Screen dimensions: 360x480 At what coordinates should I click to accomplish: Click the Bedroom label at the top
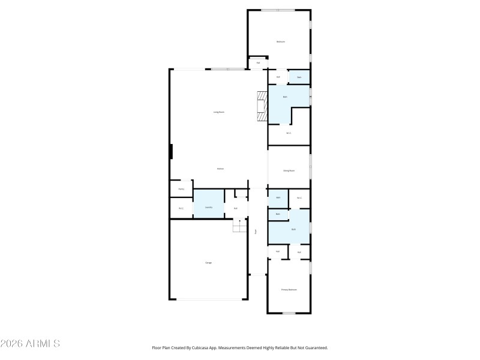tap(280, 41)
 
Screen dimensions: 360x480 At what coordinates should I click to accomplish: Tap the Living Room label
tap(218, 112)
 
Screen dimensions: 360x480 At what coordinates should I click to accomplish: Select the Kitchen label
tap(220, 169)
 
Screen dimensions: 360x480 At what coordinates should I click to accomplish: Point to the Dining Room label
tap(289, 170)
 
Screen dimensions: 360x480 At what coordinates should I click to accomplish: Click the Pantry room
tap(181, 189)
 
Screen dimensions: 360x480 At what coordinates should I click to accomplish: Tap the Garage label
tap(208, 263)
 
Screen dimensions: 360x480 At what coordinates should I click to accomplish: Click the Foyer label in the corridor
tap(256, 231)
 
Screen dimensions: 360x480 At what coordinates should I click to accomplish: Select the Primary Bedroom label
tap(289, 289)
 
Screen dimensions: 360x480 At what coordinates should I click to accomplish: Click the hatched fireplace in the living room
tap(262, 106)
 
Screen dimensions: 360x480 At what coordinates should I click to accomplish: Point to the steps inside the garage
tap(239, 226)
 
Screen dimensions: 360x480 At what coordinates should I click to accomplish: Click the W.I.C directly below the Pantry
tap(181, 208)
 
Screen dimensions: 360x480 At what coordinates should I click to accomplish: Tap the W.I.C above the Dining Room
tap(289, 133)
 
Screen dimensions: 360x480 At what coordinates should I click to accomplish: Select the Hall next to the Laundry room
tap(236, 208)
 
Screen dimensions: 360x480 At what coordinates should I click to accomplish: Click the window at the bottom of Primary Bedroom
tap(289, 313)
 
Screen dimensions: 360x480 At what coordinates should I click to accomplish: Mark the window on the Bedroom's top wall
tap(277, 10)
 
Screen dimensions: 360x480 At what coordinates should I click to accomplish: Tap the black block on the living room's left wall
tap(171, 151)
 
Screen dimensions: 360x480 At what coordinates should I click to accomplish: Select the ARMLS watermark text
tap(30, 344)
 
